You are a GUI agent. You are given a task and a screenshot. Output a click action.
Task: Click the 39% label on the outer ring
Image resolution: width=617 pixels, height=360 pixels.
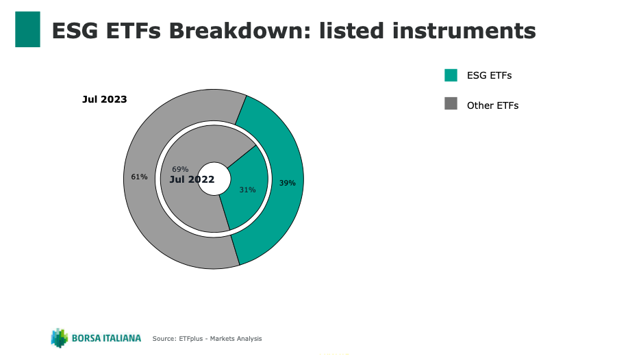click(287, 183)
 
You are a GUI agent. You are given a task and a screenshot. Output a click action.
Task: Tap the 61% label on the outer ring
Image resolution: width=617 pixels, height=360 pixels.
click(139, 177)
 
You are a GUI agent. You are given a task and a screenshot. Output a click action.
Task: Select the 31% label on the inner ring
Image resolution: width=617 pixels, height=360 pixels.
click(247, 190)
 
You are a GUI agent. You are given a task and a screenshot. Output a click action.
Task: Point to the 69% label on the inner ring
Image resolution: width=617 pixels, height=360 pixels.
click(180, 169)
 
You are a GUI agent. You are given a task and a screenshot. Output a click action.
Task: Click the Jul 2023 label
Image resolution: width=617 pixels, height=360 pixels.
click(105, 99)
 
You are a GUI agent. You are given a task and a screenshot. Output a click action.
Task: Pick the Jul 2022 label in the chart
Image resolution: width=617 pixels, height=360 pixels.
click(192, 179)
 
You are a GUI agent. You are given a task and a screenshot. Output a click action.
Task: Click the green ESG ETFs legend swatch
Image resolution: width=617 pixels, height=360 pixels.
click(451, 75)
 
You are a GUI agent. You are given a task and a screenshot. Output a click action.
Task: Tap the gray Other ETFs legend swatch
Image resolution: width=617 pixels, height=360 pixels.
click(451, 103)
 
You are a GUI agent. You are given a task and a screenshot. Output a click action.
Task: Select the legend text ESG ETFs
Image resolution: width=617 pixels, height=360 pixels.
click(489, 75)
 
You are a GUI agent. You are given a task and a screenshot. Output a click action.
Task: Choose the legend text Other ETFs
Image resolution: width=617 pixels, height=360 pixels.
click(492, 105)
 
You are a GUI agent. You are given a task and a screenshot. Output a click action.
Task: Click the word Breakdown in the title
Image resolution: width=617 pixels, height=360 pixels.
click(240, 31)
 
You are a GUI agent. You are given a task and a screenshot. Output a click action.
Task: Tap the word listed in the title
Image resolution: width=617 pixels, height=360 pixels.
click(351, 31)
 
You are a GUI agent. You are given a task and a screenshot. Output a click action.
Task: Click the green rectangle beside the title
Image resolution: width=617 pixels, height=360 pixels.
click(27, 29)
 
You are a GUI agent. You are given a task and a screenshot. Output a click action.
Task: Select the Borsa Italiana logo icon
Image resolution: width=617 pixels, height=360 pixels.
click(60, 338)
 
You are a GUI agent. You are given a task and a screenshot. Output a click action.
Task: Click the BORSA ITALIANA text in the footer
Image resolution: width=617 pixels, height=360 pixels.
click(106, 338)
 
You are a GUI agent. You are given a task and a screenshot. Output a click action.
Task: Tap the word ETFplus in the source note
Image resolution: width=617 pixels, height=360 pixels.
click(191, 339)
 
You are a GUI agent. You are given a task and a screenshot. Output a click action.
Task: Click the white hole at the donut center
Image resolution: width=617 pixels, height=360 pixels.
click(214, 179)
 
